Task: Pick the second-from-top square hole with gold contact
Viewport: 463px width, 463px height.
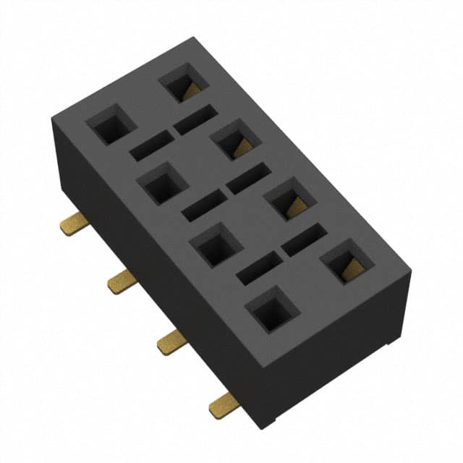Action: pyautogui.click(x=236, y=140)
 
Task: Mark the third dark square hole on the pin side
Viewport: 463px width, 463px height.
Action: pyautogui.click(x=216, y=246)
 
